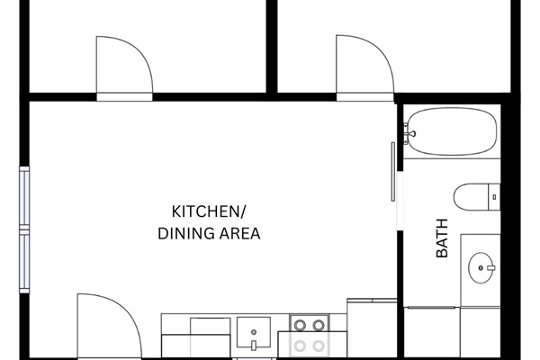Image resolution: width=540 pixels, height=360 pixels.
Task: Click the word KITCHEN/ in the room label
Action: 208,212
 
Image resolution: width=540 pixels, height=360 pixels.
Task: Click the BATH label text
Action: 442,243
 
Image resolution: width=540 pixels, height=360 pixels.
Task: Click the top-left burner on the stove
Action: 300,325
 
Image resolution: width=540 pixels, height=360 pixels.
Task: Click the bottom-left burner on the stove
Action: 300,345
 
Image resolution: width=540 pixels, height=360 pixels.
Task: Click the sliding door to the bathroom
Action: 394,171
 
